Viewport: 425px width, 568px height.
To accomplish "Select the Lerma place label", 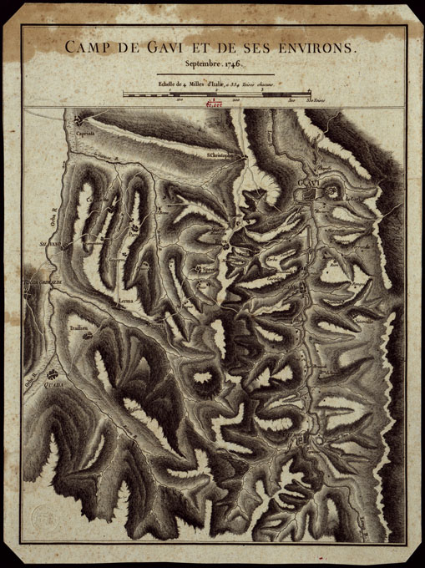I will pos(125,298).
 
